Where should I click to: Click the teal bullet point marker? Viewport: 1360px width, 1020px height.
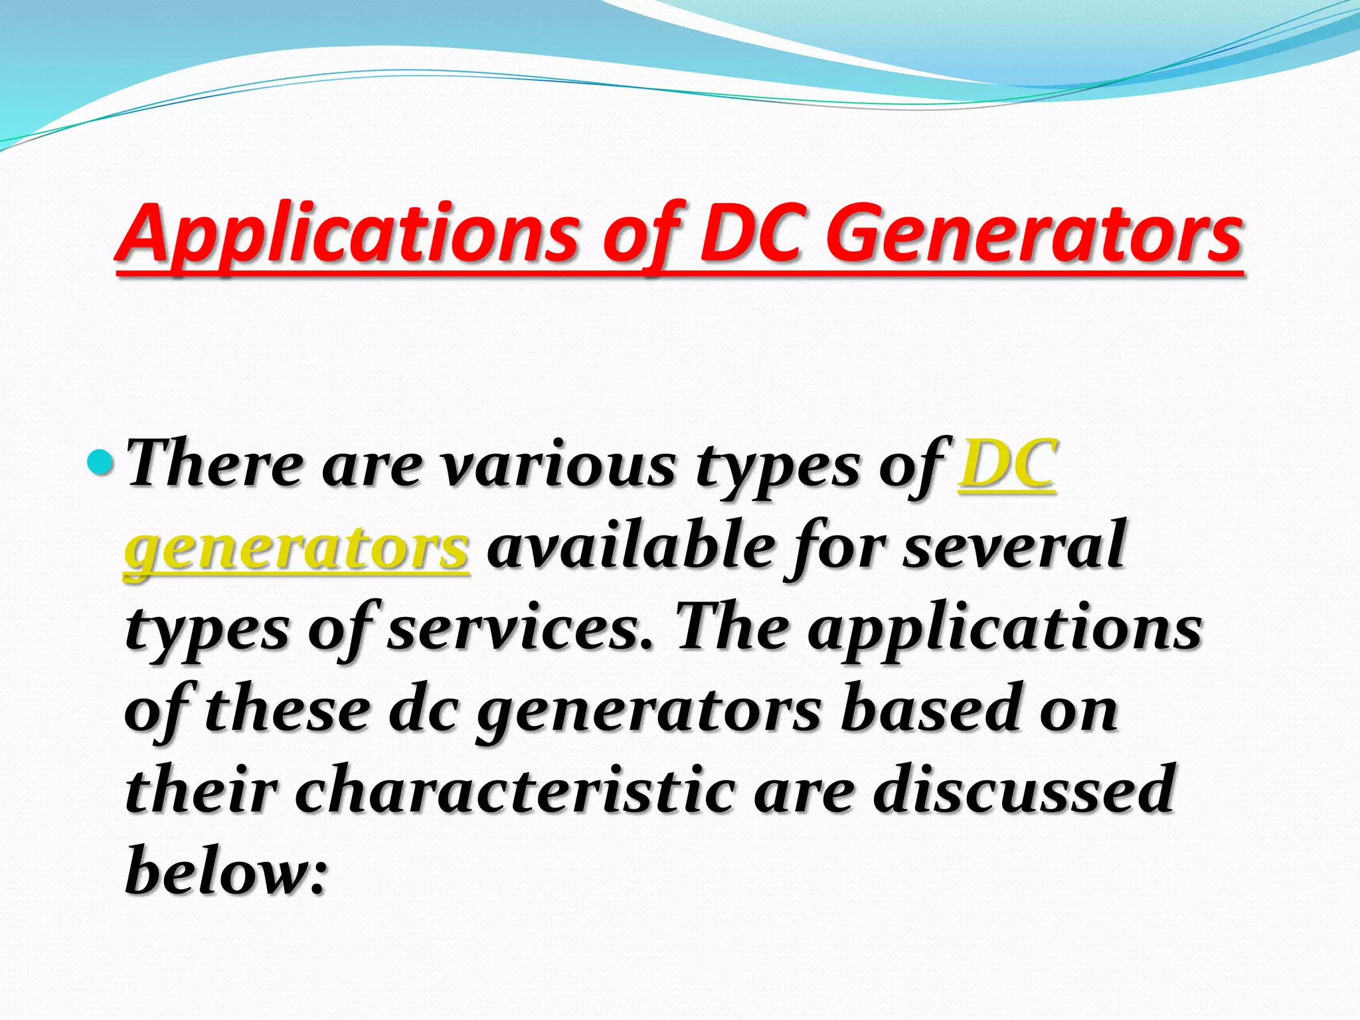[x=102, y=460]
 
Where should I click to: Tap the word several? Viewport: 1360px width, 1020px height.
[x=1013, y=547]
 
